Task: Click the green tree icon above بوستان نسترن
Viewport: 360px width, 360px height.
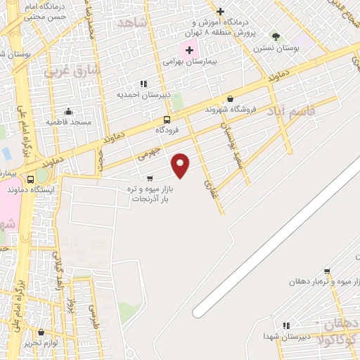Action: pyautogui.click(x=275, y=37)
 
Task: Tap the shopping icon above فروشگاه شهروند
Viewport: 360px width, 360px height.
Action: pyautogui.click(x=231, y=99)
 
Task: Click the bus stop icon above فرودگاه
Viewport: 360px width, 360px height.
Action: pyautogui.click(x=167, y=120)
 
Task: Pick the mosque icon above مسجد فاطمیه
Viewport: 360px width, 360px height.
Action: pyautogui.click(x=68, y=111)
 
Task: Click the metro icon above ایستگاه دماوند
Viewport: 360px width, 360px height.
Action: pyautogui.click(x=30, y=179)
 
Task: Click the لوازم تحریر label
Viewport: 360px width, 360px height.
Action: pyautogui.click(x=40, y=342)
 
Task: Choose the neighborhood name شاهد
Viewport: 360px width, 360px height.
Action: pyautogui.click(x=133, y=23)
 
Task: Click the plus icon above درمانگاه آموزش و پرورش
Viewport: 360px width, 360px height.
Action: pyautogui.click(x=221, y=11)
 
